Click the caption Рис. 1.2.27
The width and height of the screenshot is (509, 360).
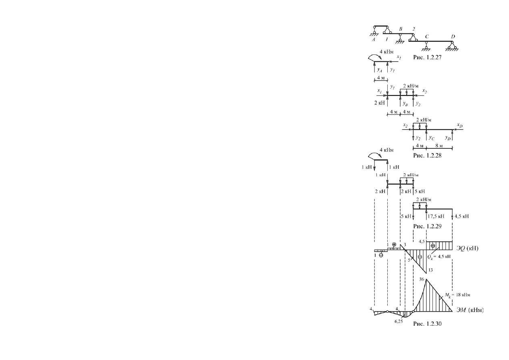click(x=427, y=58)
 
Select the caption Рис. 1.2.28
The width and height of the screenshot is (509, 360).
click(x=427, y=156)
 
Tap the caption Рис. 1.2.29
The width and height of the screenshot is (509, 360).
click(x=427, y=227)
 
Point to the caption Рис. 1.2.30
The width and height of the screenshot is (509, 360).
click(x=427, y=324)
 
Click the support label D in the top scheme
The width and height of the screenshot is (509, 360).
click(x=453, y=37)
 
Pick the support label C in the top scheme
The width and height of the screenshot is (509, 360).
click(x=427, y=37)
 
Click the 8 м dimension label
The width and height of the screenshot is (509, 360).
click(x=439, y=146)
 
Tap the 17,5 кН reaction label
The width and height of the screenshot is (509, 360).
click(x=436, y=216)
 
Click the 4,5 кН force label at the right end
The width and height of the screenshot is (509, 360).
click(x=461, y=216)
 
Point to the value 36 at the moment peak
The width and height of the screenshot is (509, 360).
click(x=422, y=279)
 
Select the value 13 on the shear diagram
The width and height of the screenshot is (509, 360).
click(x=430, y=270)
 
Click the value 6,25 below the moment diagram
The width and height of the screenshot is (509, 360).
click(x=399, y=322)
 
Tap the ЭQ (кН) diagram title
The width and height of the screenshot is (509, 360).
click(x=467, y=248)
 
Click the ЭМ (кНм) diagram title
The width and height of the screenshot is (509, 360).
click(x=470, y=310)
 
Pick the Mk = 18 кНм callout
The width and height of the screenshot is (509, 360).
click(x=457, y=295)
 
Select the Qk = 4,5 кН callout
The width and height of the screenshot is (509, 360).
click(x=439, y=257)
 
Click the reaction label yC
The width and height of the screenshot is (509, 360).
click(x=432, y=138)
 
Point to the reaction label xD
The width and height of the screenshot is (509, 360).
click(x=460, y=125)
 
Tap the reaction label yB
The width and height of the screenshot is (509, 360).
click(x=405, y=104)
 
